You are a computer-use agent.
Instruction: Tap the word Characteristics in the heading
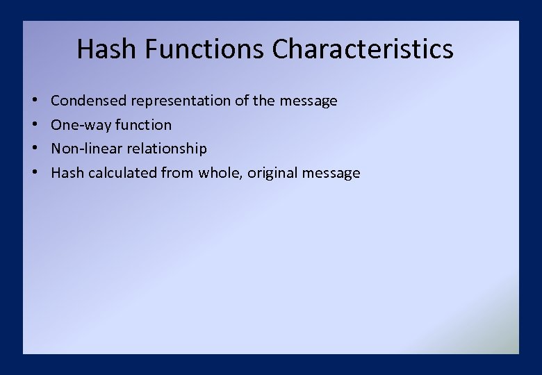(x=363, y=49)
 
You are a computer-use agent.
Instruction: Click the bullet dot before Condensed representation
(x=34, y=101)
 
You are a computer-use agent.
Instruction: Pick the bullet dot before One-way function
(x=34, y=125)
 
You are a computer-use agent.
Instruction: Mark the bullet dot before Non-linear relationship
(x=34, y=149)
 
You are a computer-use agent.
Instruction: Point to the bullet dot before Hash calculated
(x=34, y=173)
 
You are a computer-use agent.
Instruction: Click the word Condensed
(x=89, y=101)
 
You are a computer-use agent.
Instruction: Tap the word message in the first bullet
(x=309, y=101)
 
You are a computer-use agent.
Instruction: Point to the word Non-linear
(x=86, y=149)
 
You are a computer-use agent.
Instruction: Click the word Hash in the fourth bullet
(x=67, y=173)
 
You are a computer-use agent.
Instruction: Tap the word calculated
(x=122, y=173)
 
